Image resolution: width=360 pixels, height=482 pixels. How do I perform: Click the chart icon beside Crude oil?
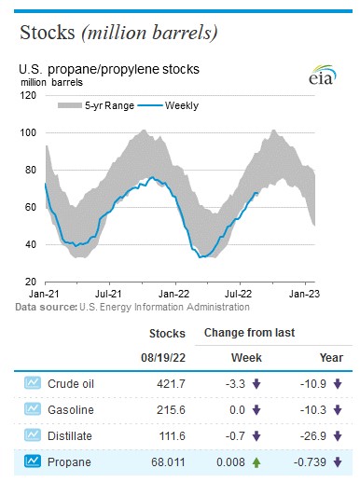point(35,383)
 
